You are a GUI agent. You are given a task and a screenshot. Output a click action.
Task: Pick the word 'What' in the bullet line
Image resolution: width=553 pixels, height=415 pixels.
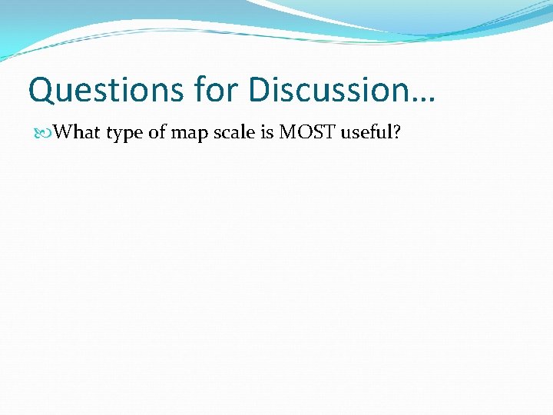point(78,133)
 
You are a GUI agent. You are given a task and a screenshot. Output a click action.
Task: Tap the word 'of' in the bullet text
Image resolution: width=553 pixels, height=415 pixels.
point(157,133)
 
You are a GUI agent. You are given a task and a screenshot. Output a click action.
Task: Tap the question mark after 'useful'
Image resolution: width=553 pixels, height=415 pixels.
point(396,133)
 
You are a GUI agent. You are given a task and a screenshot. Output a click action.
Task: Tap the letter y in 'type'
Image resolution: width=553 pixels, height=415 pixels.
point(119,136)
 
